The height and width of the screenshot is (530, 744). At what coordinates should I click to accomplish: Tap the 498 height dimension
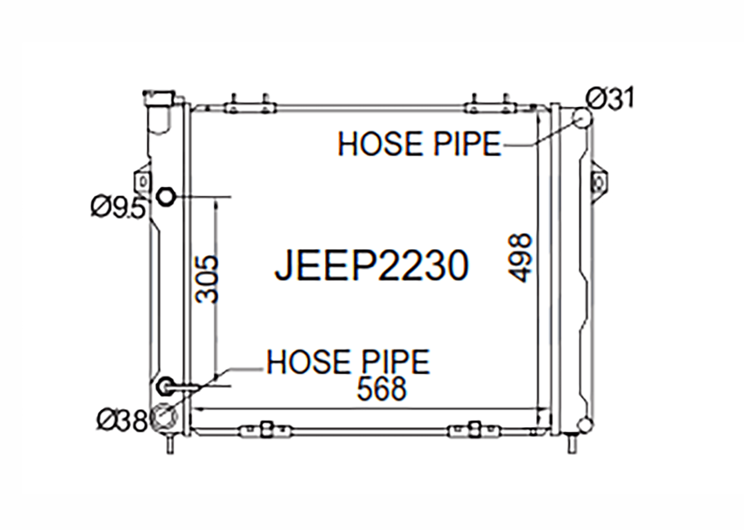tap(520, 258)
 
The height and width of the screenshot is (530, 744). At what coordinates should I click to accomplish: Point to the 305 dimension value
tap(207, 279)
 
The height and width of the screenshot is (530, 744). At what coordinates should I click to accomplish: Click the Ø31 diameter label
tap(610, 98)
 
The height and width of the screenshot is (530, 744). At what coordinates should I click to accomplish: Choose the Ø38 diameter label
tap(122, 421)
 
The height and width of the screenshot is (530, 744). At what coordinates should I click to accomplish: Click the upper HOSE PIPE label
tap(419, 144)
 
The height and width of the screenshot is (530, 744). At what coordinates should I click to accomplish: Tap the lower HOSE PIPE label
tap(348, 362)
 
